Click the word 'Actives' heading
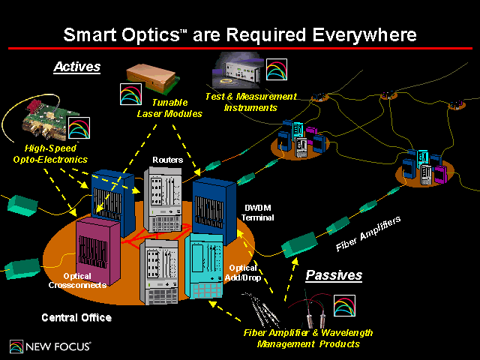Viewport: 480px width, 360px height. click(x=76, y=67)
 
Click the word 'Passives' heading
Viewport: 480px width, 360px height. click(x=334, y=275)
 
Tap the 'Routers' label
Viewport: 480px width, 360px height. click(x=167, y=160)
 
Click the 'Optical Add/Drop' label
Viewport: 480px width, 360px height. click(x=242, y=272)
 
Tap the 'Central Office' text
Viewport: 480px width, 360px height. click(x=76, y=318)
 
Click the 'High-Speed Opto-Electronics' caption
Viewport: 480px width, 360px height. click(x=50, y=154)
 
